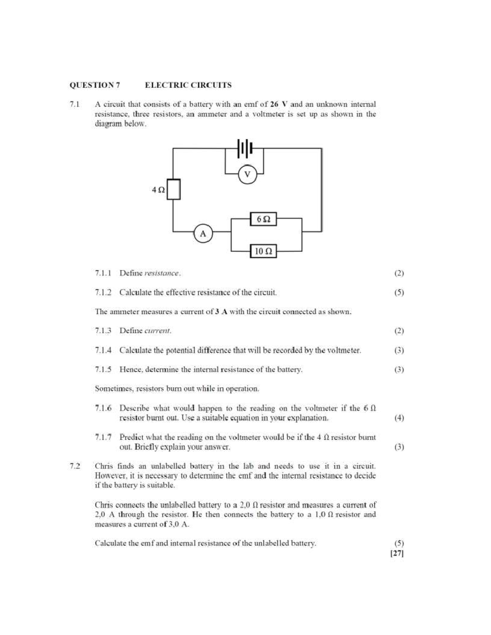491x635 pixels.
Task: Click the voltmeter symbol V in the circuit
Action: tap(247, 175)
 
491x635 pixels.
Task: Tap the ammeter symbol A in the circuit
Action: tap(203, 234)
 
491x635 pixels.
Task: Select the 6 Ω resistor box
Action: tap(264, 219)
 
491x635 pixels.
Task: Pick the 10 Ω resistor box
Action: tap(264, 251)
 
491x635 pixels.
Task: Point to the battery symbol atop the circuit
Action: tap(245, 148)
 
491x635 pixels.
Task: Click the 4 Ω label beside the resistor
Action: tap(158, 190)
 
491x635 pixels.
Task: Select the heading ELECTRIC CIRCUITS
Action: tap(188, 85)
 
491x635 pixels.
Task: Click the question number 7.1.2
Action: tap(103, 292)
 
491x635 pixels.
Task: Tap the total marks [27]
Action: tap(397, 554)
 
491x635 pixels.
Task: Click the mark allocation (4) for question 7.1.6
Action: tap(399, 418)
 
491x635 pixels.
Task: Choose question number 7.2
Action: tap(75, 466)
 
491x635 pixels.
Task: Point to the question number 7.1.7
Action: tap(103, 437)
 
